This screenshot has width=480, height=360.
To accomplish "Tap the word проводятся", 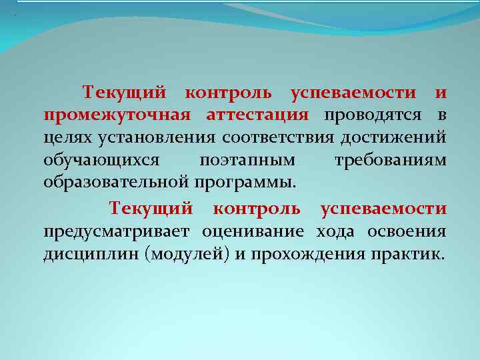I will pos(373,115).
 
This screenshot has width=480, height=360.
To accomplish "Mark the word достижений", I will pos(393,138).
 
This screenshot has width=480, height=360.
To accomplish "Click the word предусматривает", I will pos(116,231).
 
